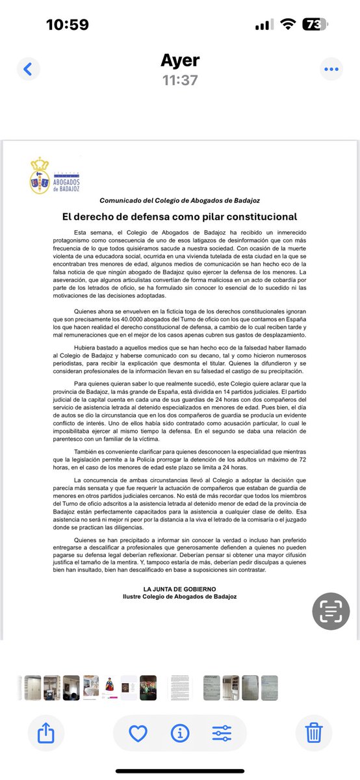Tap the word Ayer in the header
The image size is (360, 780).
click(179, 60)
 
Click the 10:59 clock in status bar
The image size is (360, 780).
click(68, 25)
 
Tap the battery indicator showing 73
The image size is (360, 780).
click(315, 25)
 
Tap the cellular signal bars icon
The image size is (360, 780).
click(263, 25)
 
